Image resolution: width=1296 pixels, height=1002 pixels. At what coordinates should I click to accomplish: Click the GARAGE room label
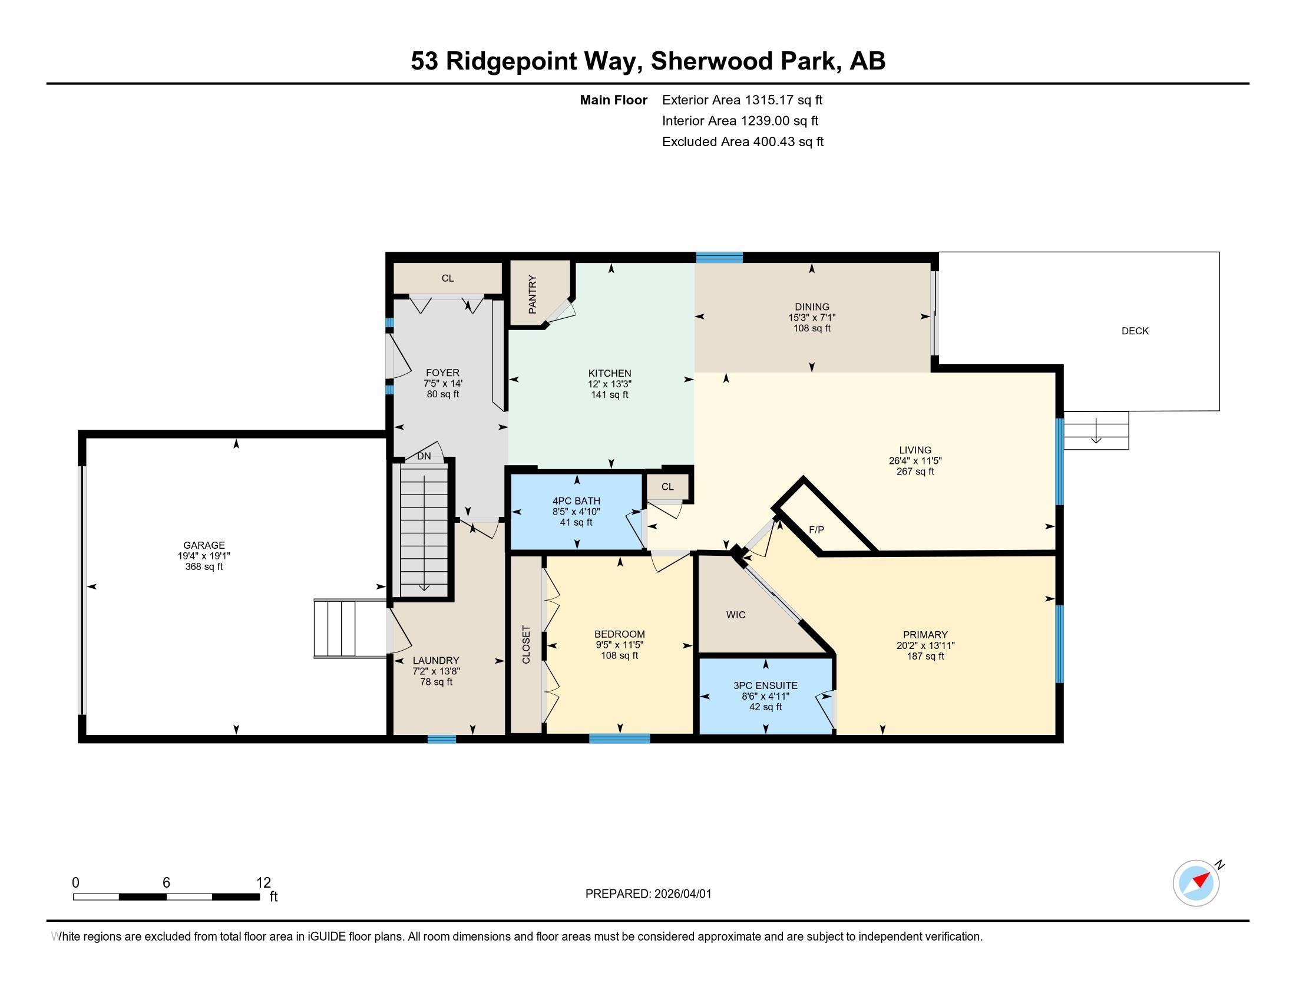(204, 545)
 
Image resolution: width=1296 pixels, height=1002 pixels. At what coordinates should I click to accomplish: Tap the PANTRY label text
(533, 295)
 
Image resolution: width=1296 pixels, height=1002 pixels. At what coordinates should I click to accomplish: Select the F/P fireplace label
(816, 529)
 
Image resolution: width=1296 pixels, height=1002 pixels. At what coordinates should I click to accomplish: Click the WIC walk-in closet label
(735, 615)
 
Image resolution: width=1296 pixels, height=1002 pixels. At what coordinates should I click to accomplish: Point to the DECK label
(1135, 331)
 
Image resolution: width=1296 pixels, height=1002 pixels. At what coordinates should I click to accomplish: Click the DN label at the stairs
(424, 456)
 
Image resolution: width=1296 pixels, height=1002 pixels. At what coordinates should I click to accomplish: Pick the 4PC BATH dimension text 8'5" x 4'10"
(576, 512)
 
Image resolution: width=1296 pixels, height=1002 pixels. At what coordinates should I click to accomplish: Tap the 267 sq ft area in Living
(915, 472)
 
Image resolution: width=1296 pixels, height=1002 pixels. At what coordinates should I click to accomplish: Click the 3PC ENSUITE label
(765, 685)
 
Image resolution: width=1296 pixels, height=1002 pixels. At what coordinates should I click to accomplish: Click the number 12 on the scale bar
(263, 883)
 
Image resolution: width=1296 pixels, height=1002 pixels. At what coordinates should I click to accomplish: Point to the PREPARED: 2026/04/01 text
(648, 894)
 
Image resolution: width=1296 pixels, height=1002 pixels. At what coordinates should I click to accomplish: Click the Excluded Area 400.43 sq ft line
(742, 142)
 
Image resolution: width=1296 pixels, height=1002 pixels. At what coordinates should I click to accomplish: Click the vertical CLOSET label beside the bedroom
(525, 644)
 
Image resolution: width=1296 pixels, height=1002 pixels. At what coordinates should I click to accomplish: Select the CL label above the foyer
(448, 278)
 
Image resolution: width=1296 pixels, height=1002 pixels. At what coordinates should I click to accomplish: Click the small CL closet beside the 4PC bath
(667, 487)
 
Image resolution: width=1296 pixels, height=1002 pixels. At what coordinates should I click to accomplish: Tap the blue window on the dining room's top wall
(719, 258)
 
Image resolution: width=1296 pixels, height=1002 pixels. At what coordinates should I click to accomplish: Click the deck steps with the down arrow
(1096, 431)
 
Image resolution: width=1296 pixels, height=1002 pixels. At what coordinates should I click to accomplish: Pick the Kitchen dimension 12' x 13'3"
(610, 384)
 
